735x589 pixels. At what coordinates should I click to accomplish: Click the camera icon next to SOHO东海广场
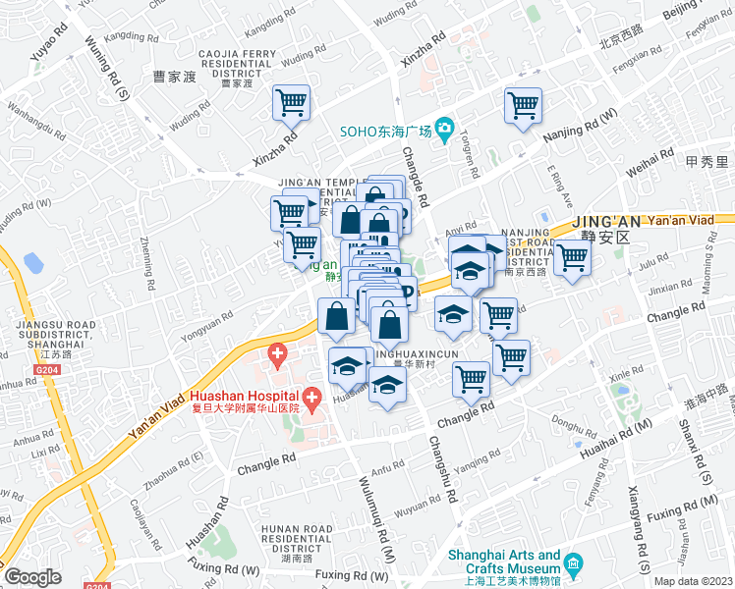tap(444, 129)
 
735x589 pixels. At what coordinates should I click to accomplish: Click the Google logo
tap(32, 577)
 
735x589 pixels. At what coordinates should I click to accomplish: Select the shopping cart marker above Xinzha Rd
tap(291, 102)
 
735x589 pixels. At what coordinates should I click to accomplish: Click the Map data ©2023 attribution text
tap(693, 581)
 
